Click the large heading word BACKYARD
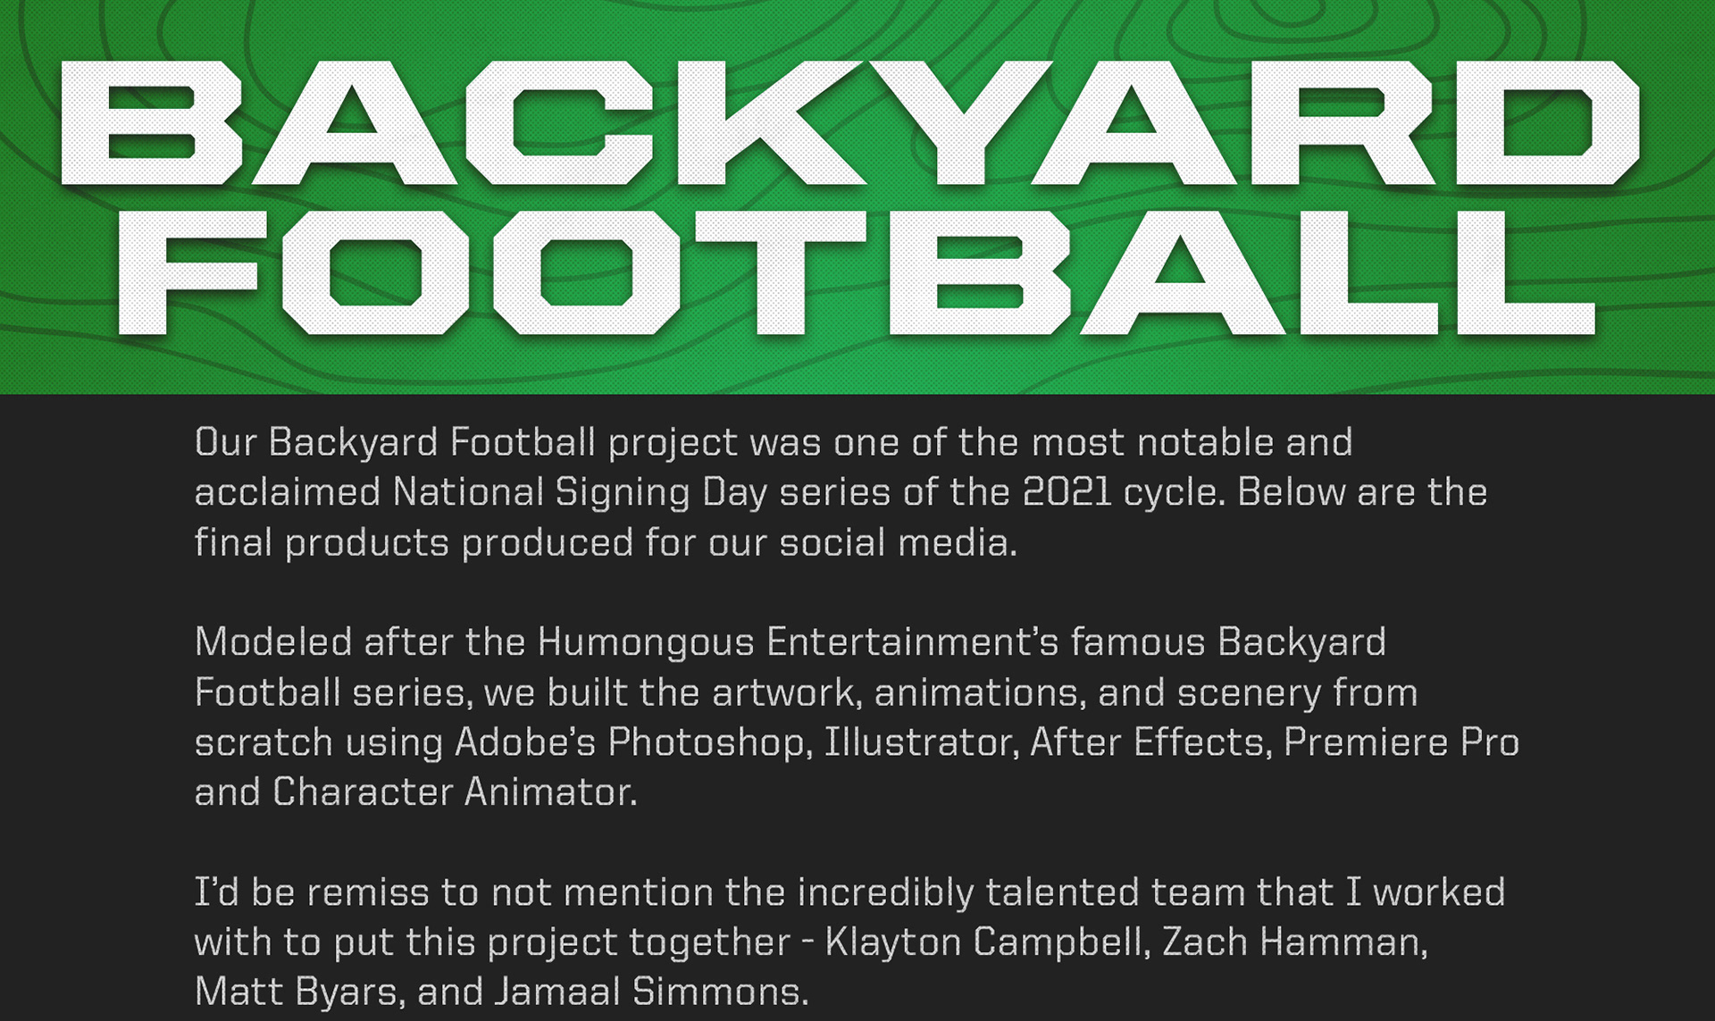850,123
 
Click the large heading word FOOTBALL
856,273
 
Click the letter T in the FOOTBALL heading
786,273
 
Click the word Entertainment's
912,642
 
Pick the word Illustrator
922,742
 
